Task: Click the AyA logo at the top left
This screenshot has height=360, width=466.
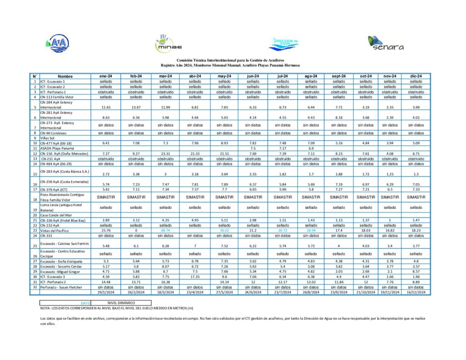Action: coord(57,43)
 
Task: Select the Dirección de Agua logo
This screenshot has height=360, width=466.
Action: coord(283,44)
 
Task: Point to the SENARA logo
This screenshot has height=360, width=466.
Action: coord(385,43)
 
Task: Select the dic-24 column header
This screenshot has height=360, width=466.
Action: coord(415,76)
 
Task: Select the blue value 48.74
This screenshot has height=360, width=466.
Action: coord(166,231)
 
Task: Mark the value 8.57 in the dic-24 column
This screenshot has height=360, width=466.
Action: coord(415,272)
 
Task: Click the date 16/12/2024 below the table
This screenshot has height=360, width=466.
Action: coord(415,292)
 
